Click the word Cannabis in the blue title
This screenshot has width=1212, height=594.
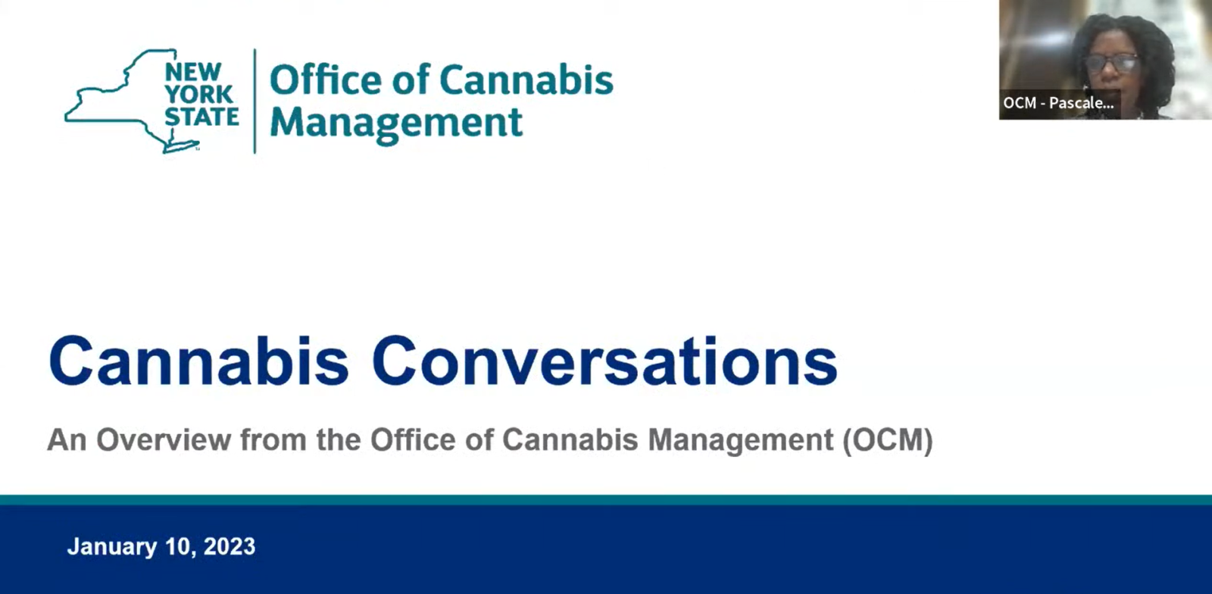[198, 362]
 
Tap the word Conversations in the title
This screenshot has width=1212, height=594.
[604, 362]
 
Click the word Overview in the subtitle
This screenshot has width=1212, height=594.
[164, 440]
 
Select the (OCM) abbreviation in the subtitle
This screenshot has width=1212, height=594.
[888, 440]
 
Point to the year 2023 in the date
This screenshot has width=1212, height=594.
[230, 546]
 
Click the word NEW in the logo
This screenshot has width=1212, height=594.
[193, 72]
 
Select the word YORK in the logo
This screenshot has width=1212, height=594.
[198, 95]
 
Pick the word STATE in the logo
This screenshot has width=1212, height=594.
[201, 117]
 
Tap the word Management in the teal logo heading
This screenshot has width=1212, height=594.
[396, 123]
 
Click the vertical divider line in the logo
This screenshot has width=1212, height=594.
[255, 101]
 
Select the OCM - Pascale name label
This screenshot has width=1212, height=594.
[1058, 103]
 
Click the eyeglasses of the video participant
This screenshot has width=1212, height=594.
[1111, 64]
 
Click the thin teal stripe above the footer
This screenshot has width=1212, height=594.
[606, 500]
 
